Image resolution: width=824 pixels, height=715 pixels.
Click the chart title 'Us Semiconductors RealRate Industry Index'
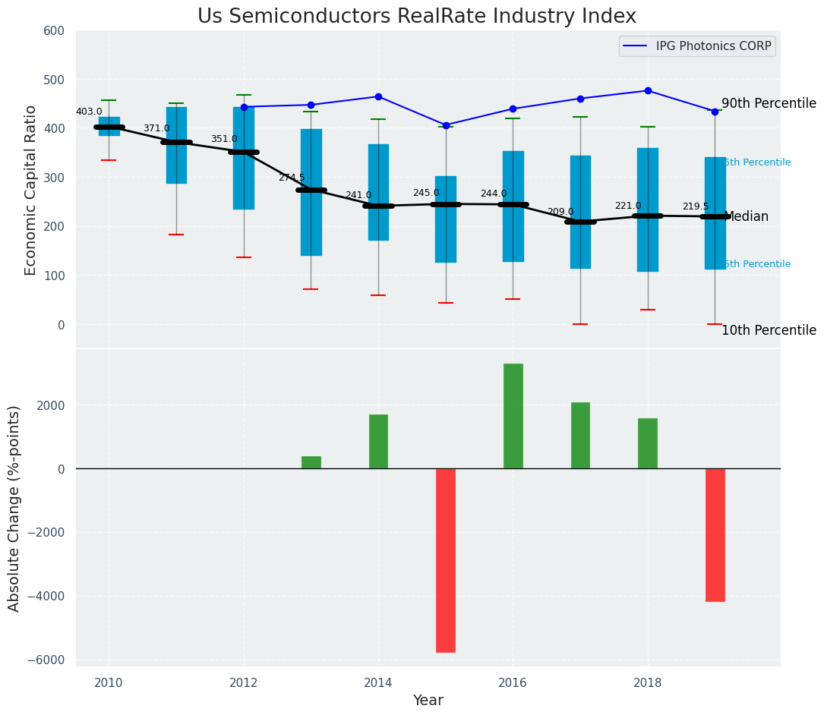click(x=416, y=17)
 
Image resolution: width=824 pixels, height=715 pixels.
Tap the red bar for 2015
click(x=446, y=560)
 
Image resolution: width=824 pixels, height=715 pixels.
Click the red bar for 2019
click(x=715, y=534)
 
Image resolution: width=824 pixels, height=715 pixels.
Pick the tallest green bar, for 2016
click(x=513, y=416)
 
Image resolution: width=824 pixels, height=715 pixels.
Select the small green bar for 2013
click(x=311, y=462)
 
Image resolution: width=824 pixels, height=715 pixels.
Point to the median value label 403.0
click(x=89, y=112)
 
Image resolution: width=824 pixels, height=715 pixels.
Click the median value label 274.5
click(x=291, y=178)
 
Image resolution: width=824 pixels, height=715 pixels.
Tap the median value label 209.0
click(x=560, y=212)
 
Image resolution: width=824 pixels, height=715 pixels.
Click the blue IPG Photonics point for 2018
click(x=648, y=90)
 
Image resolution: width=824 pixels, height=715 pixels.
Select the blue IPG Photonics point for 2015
click(x=446, y=125)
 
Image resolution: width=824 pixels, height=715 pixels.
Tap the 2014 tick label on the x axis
click(x=378, y=682)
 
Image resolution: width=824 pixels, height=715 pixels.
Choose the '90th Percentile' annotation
click(x=768, y=103)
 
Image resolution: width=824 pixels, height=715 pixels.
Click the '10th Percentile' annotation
click(x=768, y=330)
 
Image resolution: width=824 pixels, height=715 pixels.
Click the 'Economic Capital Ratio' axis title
click(x=31, y=190)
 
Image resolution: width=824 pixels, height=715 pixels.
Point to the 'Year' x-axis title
click(x=428, y=701)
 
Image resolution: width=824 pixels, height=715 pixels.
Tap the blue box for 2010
click(x=109, y=125)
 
